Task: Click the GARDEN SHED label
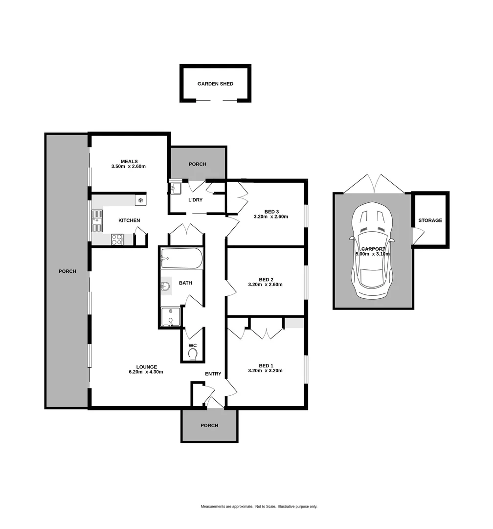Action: click(x=215, y=84)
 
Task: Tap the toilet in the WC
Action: click(x=193, y=354)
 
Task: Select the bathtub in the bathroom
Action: click(x=181, y=258)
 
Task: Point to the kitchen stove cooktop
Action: click(x=117, y=240)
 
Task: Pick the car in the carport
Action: click(x=372, y=251)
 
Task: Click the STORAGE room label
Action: click(x=430, y=220)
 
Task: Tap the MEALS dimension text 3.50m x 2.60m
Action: click(x=129, y=167)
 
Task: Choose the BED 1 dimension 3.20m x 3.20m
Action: click(x=265, y=371)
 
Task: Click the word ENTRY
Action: click(x=213, y=374)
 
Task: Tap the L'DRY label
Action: click(x=195, y=200)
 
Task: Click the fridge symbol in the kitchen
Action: click(x=140, y=200)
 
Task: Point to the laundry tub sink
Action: click(x=176, y=188)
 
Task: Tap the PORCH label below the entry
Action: click(x=209, y=425)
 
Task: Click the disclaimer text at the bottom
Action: click(x=259, y=506)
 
